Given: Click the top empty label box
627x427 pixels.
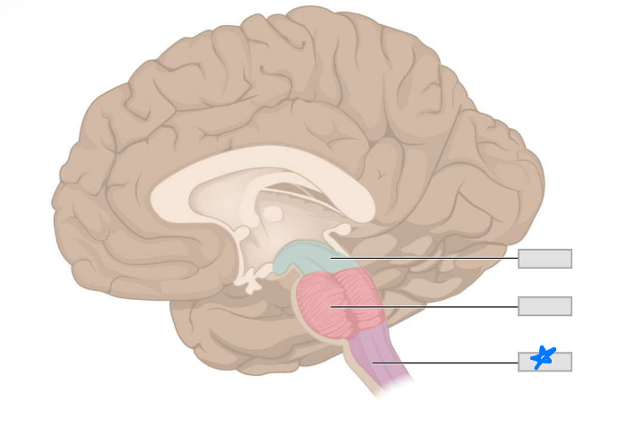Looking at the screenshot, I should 545,259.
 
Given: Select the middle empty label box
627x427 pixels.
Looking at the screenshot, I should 545,306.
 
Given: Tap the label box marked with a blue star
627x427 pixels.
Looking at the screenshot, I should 545,362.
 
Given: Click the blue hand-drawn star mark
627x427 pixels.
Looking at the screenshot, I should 543,358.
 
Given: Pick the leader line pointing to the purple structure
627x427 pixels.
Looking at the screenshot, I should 448,363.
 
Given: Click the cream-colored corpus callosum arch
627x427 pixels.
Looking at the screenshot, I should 260,166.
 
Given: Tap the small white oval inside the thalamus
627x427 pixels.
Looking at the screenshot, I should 272,214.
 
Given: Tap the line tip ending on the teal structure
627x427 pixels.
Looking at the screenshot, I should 331,258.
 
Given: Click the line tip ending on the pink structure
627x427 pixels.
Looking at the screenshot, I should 331,307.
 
